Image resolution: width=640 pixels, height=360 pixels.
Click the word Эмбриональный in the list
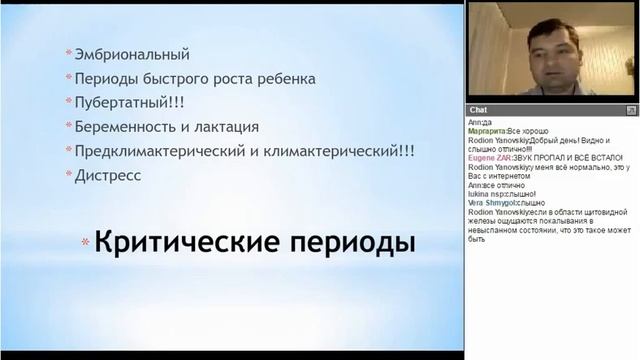click(132, 54)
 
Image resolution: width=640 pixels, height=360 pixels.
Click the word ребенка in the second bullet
click(287, 78)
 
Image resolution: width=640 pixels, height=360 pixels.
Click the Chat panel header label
click(479, 109)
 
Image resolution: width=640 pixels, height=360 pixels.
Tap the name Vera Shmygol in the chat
click(491, 202)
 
